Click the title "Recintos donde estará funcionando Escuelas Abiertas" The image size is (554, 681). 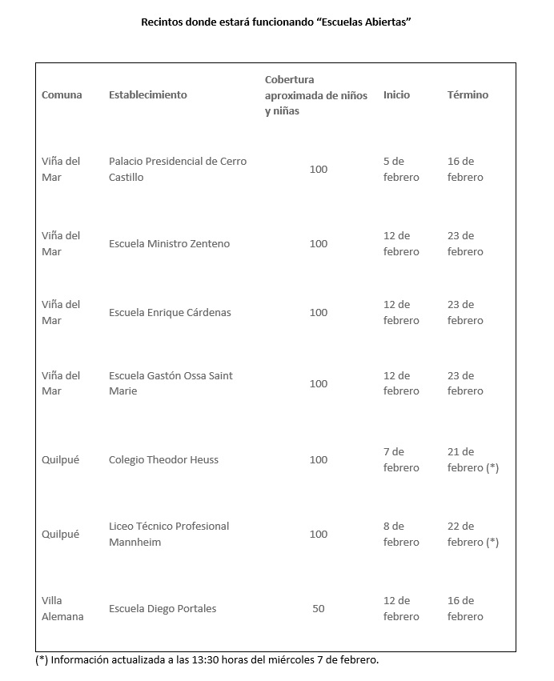coord(275,22)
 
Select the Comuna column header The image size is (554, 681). coord(62,94)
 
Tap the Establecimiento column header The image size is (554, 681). coord(147,94)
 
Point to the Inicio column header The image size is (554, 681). coord(396,94)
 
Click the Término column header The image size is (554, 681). coord(468,94)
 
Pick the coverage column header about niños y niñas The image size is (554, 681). coord(316,95)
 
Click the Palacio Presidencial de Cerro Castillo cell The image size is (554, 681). coord(178,169)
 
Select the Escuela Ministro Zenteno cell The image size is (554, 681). coord(169,243)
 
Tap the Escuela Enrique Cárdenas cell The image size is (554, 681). coord(170,312)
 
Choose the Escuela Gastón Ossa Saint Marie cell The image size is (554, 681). coord(171,383)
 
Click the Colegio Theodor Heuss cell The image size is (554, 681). coord(163,459)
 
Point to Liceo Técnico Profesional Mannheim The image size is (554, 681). coord(169,534)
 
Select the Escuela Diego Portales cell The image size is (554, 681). coord(163,608)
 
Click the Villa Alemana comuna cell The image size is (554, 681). coord(62,608)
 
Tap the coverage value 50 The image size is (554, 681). coord(319,608)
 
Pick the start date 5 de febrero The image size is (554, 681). coord(401,169)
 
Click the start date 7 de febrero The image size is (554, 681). coord(401,459)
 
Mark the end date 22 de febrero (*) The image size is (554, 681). coord(472,534)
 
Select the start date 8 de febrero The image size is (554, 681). coord(401,534)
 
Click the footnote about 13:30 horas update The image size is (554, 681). coord(207,660)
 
